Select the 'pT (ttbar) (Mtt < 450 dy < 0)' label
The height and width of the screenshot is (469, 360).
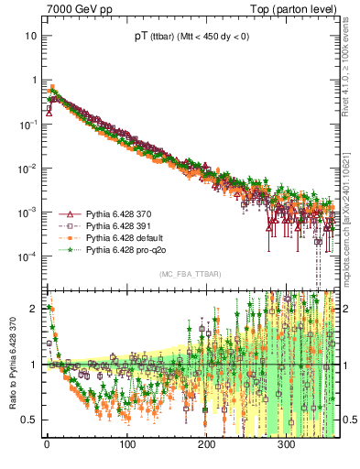click(190, 38)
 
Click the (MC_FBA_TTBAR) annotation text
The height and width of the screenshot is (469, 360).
click(190, 275)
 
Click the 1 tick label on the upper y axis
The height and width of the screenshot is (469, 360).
click(33, 80)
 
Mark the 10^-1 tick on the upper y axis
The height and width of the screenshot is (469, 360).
click(27, 124)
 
